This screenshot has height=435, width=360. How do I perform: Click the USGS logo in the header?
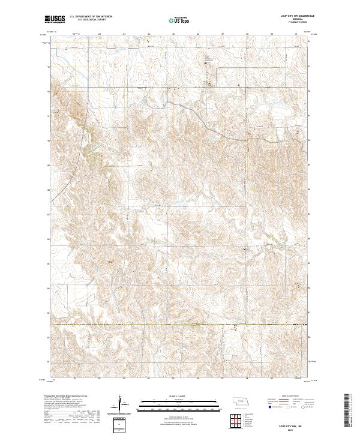tap(55, 20)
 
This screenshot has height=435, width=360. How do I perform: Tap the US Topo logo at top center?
tap(178, 20)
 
